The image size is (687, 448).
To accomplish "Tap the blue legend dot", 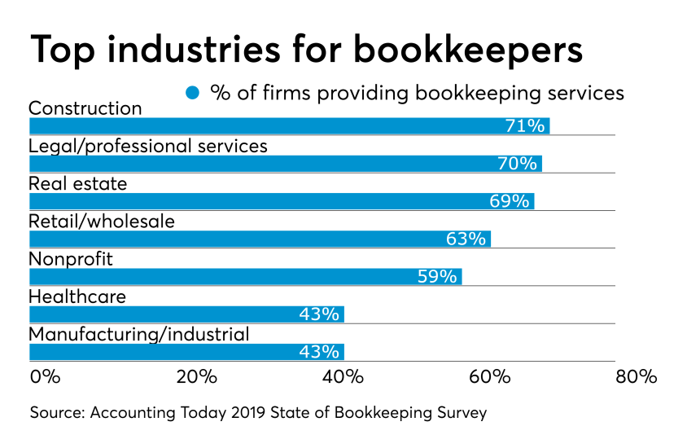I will [193, 92].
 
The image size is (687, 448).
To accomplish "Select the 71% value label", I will [523, 126].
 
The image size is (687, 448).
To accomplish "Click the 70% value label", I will [517, 164].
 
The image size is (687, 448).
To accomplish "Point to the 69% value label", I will [510, 201].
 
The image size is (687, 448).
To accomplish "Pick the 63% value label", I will [466, 239].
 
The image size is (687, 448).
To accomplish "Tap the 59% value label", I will [437, 276].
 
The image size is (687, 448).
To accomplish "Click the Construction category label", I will [85, 108].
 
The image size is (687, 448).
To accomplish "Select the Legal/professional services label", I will [148, 146].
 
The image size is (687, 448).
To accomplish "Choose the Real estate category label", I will [78, 184].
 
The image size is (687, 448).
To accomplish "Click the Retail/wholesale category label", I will [102, 221].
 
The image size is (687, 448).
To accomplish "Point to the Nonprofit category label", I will [71, 259].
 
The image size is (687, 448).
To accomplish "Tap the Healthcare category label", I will [77, 296].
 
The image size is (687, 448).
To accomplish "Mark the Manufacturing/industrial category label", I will [139, 334].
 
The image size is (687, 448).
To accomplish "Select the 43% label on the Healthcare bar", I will [320, 314].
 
